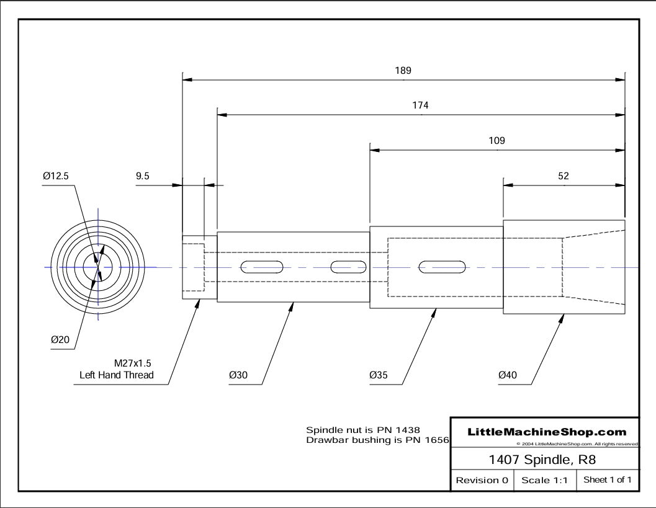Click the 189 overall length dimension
(403, 71)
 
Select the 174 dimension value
(420, 105)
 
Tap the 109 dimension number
(496, 141)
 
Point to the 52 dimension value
(564, 176)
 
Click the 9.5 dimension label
(143, 176)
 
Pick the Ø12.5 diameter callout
(56, 176)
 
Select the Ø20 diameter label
(60, 339)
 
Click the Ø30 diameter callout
(239, 375)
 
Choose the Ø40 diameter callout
(508, 375)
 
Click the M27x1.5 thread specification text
(132, 363)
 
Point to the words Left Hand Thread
(117, 375)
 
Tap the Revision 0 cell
(482, 480)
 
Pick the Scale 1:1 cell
(545, 480)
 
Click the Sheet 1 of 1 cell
(608, 480)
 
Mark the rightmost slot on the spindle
(443, 267)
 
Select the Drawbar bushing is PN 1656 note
(377, 440)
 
